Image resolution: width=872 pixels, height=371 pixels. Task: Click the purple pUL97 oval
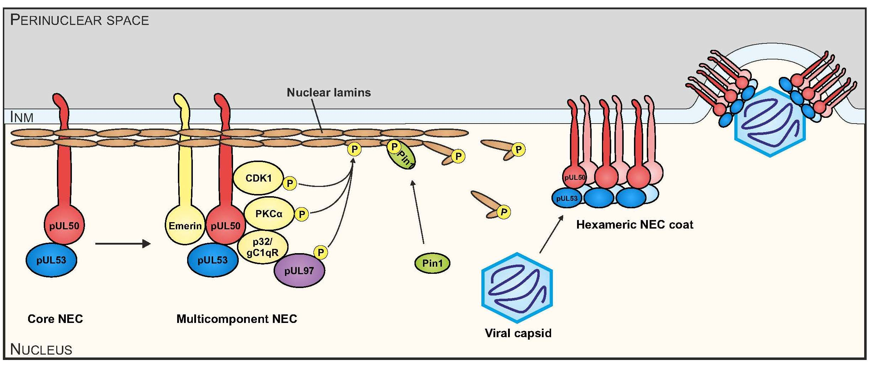click(299, 271)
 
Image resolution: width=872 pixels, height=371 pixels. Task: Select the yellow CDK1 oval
click(258, 178)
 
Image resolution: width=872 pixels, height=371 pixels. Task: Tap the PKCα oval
click(269, 214)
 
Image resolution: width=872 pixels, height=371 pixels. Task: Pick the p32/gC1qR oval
click(263, 247)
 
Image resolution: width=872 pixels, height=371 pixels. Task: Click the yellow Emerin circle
click(185, 225)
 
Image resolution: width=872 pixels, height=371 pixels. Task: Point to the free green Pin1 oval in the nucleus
click(432, 263)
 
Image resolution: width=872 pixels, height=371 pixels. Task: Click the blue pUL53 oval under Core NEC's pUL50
click(51, 260)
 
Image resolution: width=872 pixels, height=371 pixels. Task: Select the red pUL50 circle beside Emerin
click(226, 225)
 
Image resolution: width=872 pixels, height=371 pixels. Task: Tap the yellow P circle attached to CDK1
click(290, 183)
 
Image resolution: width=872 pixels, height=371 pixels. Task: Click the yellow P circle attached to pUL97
click(321, 252)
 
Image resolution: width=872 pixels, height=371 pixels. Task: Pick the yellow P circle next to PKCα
click(302, 214)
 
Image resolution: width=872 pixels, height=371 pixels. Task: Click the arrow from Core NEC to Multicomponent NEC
click(123, 244)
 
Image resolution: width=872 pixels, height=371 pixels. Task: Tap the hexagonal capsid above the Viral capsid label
click(517, 288)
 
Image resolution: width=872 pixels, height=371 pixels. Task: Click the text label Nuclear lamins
click(329, 93)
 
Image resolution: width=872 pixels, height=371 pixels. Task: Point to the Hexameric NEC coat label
click(635, 225)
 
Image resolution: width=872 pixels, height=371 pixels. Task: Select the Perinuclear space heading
click(79, 20)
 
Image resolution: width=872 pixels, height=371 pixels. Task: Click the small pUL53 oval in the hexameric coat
click(567, 198)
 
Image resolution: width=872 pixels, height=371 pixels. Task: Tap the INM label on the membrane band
click(22, 117)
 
